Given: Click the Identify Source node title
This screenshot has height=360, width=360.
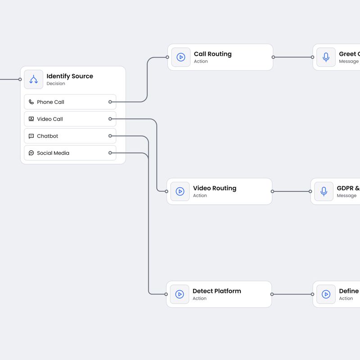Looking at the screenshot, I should (x=70, y=76).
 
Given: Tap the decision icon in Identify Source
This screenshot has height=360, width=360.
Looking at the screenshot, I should (x=34, y=80).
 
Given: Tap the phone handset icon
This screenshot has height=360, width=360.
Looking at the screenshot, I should (x=31, y=102).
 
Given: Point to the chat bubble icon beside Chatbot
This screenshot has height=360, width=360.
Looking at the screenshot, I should (x=31, y=136).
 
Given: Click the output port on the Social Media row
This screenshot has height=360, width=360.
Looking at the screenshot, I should (x=110, y=153).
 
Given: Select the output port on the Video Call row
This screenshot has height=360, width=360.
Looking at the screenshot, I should (x=110, y=119).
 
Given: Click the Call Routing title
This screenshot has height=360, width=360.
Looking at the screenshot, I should (x=212, y=54).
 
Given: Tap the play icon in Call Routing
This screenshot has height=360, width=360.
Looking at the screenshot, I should (x=181, y=57).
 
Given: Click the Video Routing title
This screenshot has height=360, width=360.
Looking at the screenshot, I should (x=214, y=188).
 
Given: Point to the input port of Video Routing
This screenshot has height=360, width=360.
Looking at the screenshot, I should (x=166, y=191).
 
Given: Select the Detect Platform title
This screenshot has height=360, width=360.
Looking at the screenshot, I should (x=216, y=291).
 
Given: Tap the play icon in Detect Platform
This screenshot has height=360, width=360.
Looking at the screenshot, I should (x=180, y=294).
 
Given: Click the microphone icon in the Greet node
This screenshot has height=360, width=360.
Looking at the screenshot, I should (x=326, y=57).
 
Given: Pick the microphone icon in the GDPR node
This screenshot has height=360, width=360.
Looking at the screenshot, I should (x=324, y=191).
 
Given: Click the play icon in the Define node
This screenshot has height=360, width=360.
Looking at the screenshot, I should (x=326, y=294).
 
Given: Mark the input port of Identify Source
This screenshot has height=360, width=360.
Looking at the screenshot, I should (x=20, y=80).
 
